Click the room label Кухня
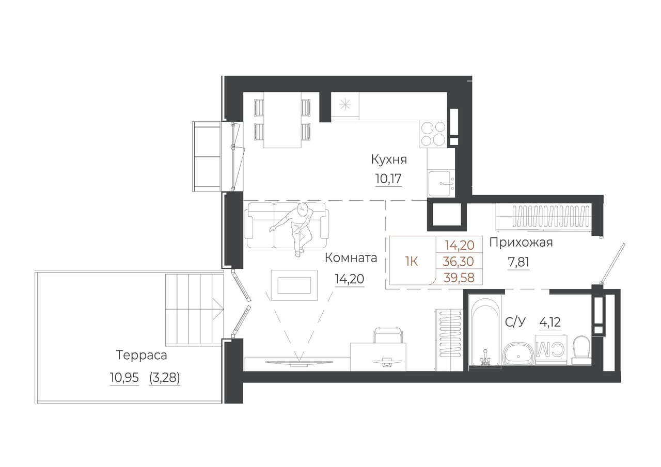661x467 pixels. pos(389,160)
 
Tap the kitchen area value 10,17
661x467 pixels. pos(388,179)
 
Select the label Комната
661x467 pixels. pos(351,258)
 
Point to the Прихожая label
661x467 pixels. pos(521,243)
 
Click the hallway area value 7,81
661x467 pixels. pos(518,262)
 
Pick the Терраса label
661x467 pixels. pos(141,355)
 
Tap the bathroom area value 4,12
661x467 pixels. pos(550,322)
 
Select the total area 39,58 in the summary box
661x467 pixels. pos(459,278)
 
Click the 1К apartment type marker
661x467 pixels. pos(412,261)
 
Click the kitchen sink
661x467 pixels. pos(442,183)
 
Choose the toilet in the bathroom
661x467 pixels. pos(581,350)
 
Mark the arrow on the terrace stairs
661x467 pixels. pos(218,309)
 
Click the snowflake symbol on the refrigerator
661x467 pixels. pos(344,105)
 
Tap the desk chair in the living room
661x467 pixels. pos(388,335)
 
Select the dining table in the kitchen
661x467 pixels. pos(282,120)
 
